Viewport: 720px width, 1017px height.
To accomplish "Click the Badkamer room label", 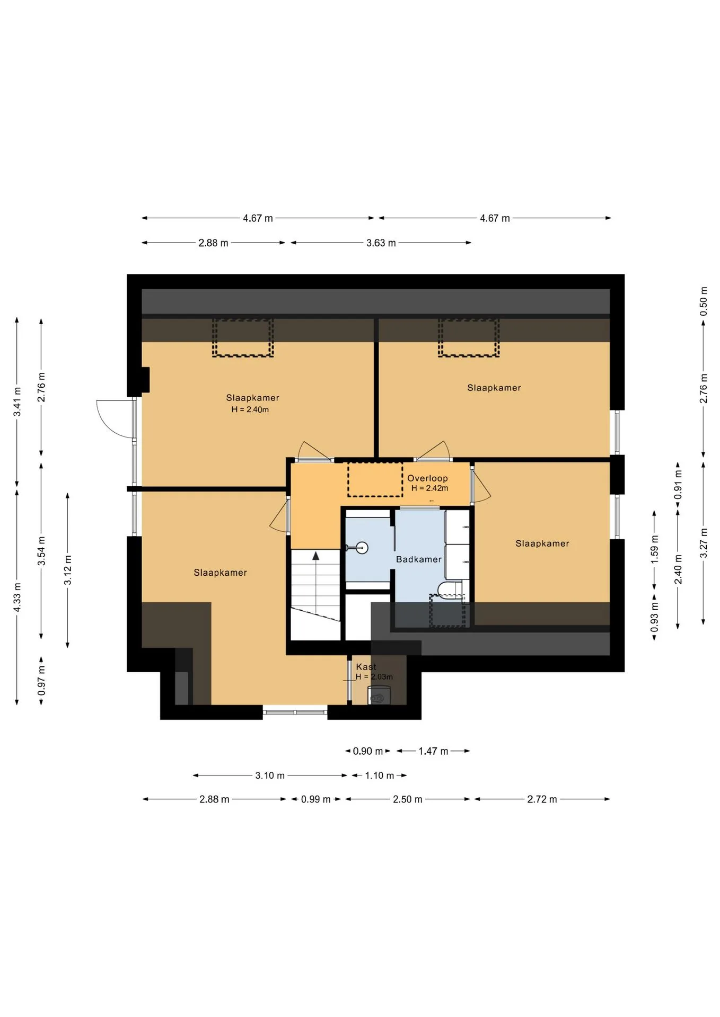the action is click(418, 559).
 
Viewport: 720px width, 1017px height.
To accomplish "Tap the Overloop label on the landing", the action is click(427, 478).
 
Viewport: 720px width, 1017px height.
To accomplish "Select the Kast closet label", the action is click(366, 667).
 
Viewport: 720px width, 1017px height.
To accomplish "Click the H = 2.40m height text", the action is click(250, 409).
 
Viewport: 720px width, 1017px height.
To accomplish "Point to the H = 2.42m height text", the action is click(429, 488).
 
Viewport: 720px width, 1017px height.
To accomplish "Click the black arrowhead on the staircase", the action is click(316, 556).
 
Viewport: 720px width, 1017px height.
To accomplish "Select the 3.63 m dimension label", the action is click(381, 243).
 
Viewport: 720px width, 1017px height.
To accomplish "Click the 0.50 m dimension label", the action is click(704, 301).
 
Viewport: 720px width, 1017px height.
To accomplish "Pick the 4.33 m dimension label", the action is click(17, 597).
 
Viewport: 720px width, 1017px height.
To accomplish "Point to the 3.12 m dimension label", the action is click(68, 570).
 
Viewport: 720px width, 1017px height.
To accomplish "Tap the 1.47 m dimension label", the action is click(433, 751).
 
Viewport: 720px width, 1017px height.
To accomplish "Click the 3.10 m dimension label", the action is click(270, 775).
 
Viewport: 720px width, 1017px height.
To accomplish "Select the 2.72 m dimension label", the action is click(542, 799).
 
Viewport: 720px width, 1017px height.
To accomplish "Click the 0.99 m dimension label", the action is click(315, 799).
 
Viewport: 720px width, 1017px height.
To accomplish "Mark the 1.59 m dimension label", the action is click(654, 549).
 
